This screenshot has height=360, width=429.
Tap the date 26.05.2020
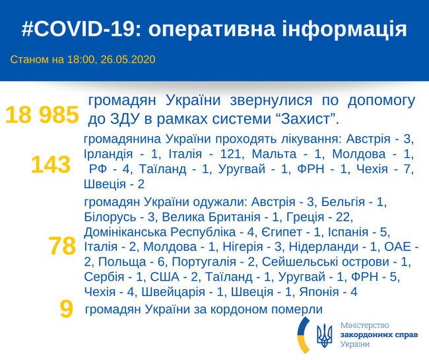coord(128,59)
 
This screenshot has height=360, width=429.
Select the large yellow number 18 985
coord(42,115)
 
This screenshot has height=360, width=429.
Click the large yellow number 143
coord(51,164)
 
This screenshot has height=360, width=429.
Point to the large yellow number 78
coord(62,246)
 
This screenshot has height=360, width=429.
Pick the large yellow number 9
coord(67,309)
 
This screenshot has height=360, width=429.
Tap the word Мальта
coord(274,154)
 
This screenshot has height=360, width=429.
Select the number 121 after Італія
coord(231,154)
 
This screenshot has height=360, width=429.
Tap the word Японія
coord(319,292)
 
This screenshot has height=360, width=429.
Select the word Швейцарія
coord(173,292)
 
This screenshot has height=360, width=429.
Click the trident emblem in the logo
coord(325,336)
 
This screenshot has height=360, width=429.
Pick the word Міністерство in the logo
coord(365,325)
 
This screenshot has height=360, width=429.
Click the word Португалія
coord(204,262)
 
